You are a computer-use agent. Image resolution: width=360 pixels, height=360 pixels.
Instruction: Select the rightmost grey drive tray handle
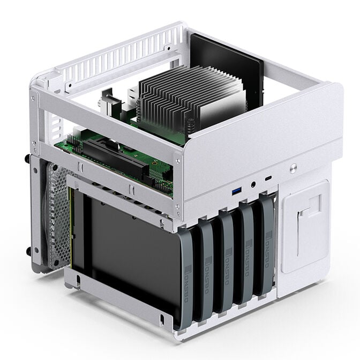coord(266,246)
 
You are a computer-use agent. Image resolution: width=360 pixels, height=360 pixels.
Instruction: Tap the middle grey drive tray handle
coord(227,262)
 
